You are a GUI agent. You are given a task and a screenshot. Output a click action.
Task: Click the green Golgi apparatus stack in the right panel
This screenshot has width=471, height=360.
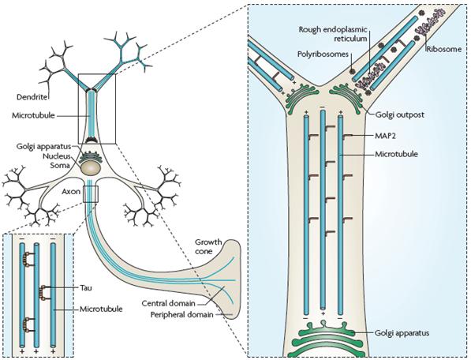point(324,338)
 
